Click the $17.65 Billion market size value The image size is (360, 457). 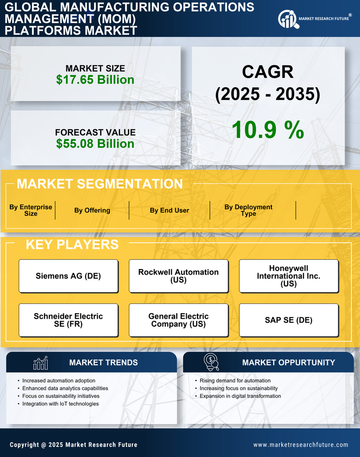click(95, 80)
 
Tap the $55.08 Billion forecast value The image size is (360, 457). click(95, 144)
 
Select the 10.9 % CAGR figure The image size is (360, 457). click(267, 130)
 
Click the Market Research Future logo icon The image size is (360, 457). click(287, 19)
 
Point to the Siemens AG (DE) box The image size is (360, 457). click(68, 276)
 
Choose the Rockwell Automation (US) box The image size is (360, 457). click(178, 276)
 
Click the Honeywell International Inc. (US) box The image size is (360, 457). click(288, 276)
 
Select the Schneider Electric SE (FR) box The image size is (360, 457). click(68, 320)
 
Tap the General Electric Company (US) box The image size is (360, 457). click(178, 320)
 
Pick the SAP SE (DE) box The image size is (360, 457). click(288, 320)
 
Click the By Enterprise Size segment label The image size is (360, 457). click(31, 210)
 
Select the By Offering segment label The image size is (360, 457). click(92, 210)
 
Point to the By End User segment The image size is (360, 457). click(169, 210)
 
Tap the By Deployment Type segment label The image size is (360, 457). click(249, 210)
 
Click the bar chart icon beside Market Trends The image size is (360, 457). click(41, 363)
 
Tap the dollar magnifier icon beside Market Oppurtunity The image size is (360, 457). click(211, 362)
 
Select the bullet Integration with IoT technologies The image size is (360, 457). click(60, 404)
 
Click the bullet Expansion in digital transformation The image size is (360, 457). click(240, 396)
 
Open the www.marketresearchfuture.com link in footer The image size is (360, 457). click(301, 445)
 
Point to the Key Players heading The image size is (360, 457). click(72, 244)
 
